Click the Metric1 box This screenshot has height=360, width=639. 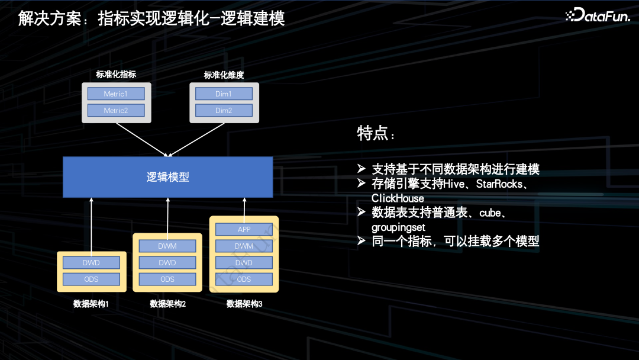click(116, 94)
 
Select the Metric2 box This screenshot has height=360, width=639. click(116, 110)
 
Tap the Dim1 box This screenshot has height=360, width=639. click(224, 94)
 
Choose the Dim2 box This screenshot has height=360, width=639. click(224, 110)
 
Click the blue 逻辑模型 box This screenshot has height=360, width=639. click(168, 177)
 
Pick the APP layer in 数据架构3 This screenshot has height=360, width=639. click(244, 229)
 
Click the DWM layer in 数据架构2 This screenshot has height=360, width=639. click(167, 246)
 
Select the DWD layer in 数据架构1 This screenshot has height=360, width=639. click(91, 262)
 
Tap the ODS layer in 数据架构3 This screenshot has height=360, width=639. click(244, 279)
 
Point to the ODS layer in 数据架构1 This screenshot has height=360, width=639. click(91, 279)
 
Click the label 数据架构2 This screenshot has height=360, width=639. click(168, 304)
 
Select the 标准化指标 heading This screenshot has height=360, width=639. click(116, 75)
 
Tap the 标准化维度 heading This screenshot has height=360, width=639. click(224, 75)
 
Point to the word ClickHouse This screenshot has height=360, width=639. click(398, 198)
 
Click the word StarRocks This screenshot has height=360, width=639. click(500, 184)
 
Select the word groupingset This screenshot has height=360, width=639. click(398, 227)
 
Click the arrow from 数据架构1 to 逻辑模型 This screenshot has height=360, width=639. click(92, 225)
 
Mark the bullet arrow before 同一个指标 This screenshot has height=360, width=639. click(362, 241)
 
